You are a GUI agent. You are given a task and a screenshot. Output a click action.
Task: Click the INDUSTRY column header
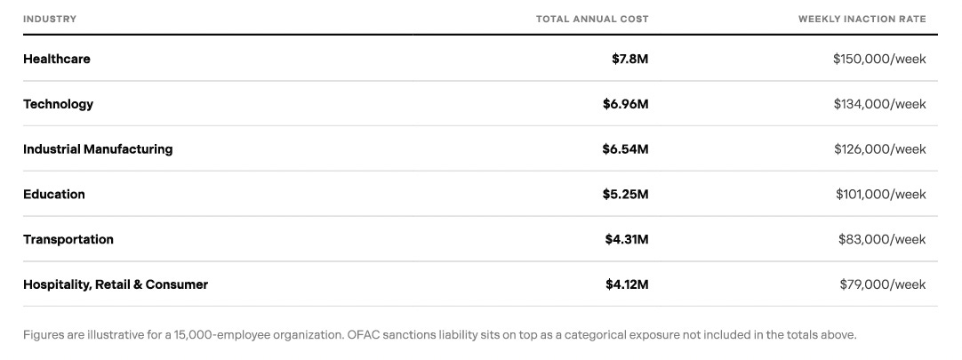pos(50,19)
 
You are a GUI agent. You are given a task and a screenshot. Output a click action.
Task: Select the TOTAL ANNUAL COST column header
pos(592,19)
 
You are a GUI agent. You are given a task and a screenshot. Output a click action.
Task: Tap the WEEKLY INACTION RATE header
pos(862,19)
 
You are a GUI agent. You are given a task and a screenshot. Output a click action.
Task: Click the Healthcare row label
pos(56,59)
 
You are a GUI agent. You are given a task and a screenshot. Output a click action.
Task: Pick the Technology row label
pos(59,104)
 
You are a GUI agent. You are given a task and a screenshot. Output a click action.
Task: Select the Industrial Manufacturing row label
pos(98,149)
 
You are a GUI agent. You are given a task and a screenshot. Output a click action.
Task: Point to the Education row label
pos(54,195)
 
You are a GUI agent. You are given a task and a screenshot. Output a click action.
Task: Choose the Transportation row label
pos(68,239)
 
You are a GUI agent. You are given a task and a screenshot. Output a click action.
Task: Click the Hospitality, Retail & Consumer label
pos(116,284)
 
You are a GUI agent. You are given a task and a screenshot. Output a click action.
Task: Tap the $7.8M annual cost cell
pos(630,59)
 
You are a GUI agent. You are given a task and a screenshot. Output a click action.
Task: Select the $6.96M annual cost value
pos(625,104)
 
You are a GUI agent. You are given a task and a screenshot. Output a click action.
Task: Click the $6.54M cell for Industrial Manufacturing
pos(625,149)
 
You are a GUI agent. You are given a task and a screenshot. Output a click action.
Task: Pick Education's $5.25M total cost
pos(625,195)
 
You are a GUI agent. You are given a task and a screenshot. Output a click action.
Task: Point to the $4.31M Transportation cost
pos(627,239)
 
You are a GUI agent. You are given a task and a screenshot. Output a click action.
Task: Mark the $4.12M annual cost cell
pos(627,284)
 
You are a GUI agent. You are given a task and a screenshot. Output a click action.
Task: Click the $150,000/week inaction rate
pos(880,59)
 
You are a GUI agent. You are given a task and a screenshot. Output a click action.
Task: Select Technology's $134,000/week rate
pos(880,104)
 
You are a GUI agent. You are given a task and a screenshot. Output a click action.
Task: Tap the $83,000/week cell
pos(882,239)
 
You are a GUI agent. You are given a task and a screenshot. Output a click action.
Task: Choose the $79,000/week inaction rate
pos(883,284)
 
